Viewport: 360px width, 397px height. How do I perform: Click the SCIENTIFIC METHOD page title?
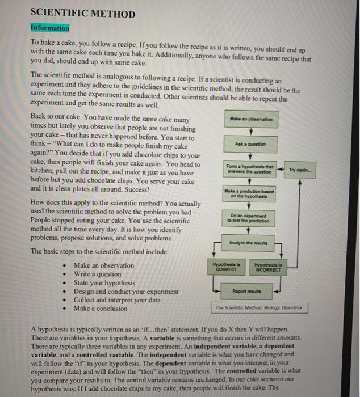tap(82, 14)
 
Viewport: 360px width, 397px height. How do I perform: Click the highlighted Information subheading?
tap(49, 28)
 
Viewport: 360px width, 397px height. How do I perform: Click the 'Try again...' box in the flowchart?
tap(300, 170)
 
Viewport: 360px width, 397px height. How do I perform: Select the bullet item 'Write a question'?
tap(98, 274)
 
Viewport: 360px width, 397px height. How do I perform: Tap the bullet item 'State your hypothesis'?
tap(104, 282)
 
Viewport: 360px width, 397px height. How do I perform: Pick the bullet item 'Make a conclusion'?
tap(101, 309)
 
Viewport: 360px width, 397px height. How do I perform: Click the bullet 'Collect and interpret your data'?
tap(117, 300)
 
